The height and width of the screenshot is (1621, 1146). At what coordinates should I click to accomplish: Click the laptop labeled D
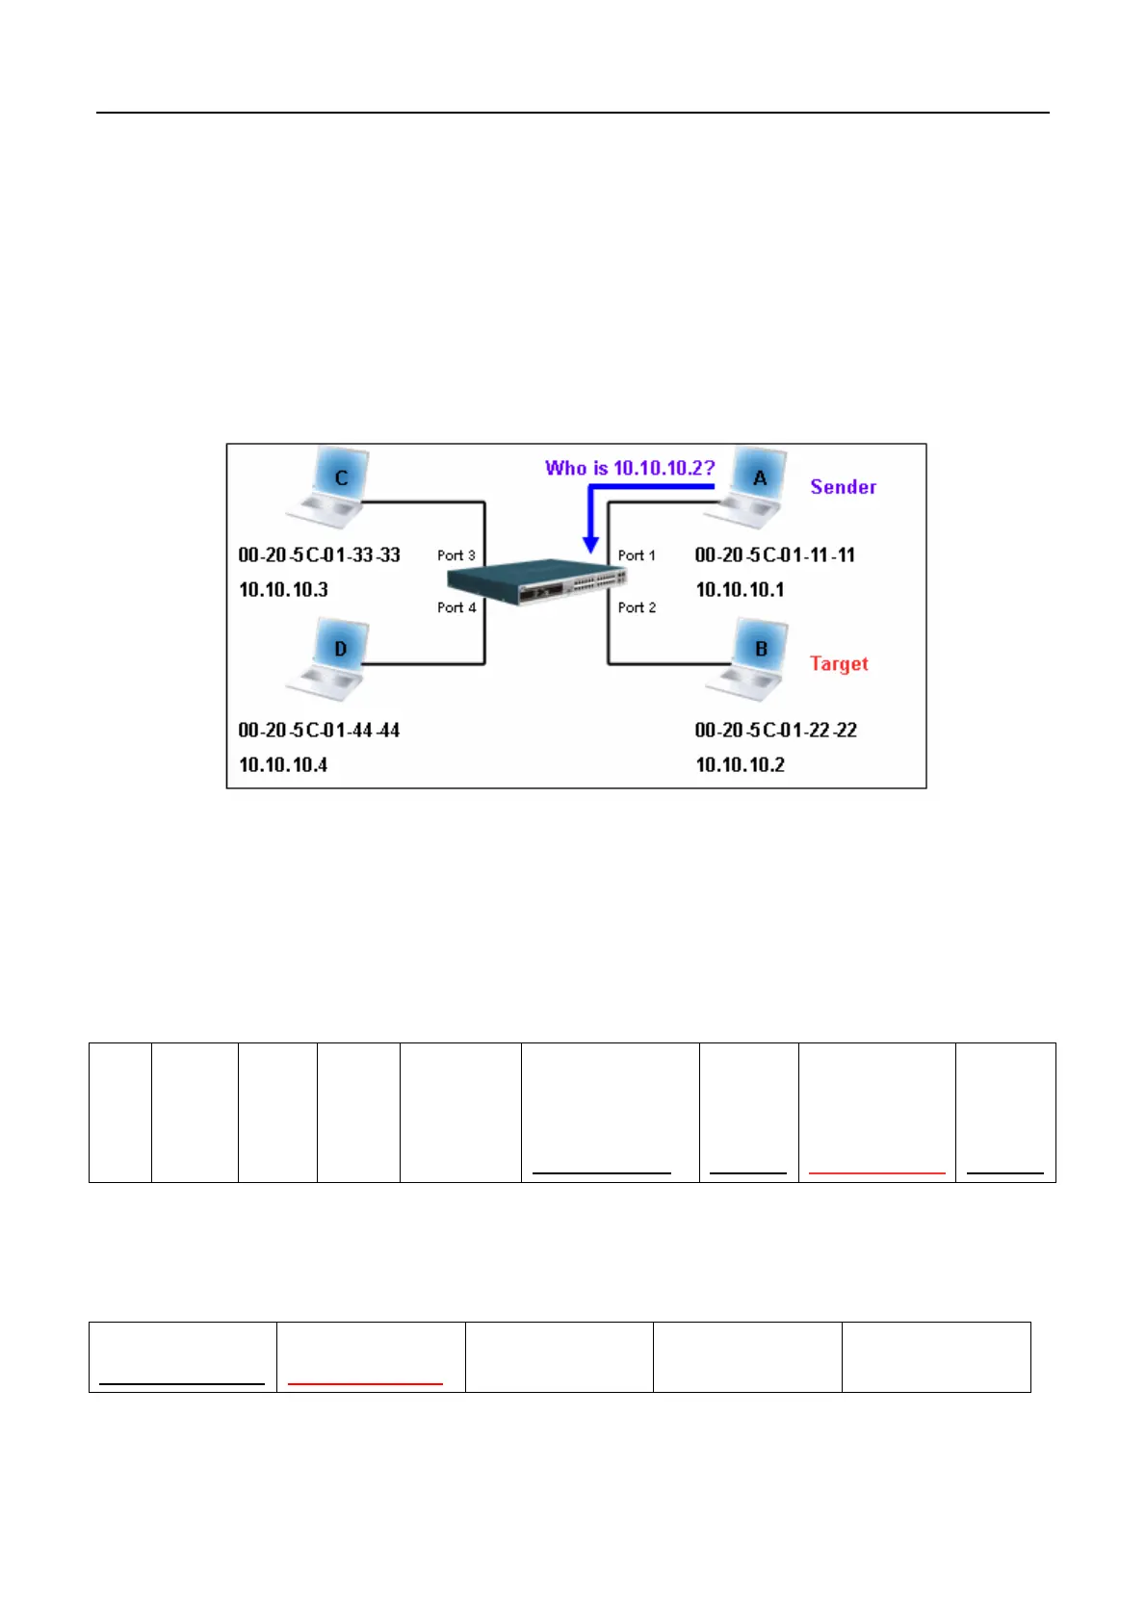pos(330,659)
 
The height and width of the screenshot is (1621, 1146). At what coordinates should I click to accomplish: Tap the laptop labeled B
pos(750,659)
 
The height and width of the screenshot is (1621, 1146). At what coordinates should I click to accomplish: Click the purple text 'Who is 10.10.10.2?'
pos(630,469)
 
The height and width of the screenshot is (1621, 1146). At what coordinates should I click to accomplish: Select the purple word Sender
pos(843,487)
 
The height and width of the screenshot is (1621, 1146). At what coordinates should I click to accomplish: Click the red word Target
pos(839,663)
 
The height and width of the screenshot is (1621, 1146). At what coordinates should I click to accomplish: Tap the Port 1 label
pos(637,555)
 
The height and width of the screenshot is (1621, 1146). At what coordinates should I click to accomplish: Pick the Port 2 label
pos(637,607)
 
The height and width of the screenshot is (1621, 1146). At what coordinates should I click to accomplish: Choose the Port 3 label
pos(456,555)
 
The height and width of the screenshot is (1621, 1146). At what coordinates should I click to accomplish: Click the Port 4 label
pos(456,607)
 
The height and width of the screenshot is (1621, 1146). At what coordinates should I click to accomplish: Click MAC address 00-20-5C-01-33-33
pos(319,554)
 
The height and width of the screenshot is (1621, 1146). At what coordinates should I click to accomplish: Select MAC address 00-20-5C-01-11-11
pos(774,554)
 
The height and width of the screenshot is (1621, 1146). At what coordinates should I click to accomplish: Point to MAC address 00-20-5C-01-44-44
pos(319,730)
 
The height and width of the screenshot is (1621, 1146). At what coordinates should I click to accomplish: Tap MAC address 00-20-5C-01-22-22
pos(775,730)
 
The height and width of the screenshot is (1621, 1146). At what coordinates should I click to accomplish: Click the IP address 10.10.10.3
pos(283,589)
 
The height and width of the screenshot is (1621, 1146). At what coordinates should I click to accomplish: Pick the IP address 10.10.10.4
pos(283,764)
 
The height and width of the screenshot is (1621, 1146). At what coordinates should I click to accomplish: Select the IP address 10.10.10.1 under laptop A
pos(740,589)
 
